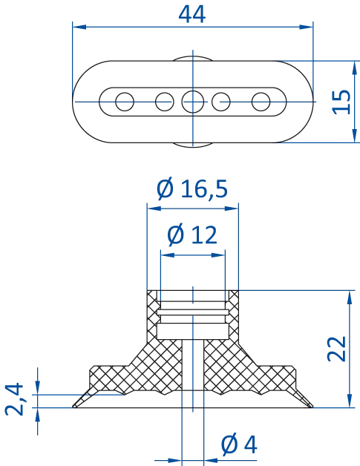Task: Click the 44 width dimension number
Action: [193, 12]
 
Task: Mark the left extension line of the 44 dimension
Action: [73, 59]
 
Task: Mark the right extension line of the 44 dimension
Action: [312, 59]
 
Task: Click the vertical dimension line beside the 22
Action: [348, 346]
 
